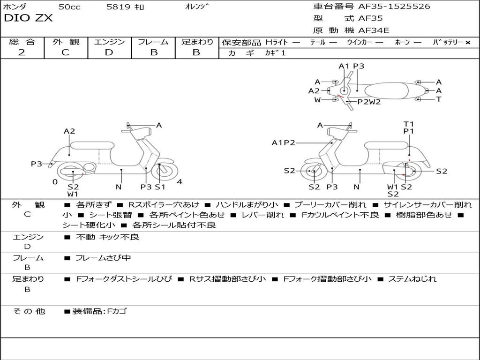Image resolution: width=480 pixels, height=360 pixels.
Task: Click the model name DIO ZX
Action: pos(28,18)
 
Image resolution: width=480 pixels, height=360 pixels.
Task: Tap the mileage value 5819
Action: pos(118,7)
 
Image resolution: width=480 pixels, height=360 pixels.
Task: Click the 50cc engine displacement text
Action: pos(69,7)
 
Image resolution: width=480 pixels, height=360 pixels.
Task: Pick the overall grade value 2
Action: pos(22,52)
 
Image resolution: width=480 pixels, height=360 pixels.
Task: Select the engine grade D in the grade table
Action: pos(109,52)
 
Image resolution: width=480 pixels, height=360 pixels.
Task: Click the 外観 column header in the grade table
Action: pos(66,42)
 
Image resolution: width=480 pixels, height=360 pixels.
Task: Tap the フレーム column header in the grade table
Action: pos(153,42)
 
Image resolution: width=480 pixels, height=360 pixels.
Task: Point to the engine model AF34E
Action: pos(374,31)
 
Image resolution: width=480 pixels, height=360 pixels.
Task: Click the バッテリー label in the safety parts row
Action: pos(448,42)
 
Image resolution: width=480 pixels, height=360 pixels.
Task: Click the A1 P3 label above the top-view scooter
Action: pos(351,66)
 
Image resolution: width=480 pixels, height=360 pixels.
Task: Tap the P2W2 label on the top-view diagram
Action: pos(369,102)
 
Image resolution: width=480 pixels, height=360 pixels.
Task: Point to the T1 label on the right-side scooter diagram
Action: pos(409,124)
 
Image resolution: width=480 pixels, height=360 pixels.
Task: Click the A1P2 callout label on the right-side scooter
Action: pos(283,143)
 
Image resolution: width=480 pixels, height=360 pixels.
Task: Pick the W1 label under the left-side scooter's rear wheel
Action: pos(73,194)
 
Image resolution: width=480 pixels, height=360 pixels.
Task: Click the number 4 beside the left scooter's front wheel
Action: pos(180,182)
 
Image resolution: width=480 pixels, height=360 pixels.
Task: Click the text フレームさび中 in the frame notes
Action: pos(103,258)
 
